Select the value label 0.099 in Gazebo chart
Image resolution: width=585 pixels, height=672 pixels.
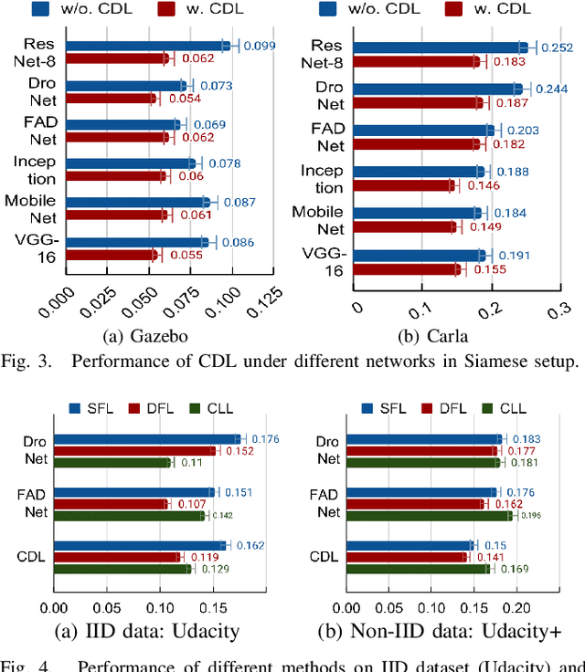[257, 46]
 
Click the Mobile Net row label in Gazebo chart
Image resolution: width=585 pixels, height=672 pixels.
[31, 208]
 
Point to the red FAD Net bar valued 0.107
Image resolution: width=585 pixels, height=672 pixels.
[111, 504]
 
